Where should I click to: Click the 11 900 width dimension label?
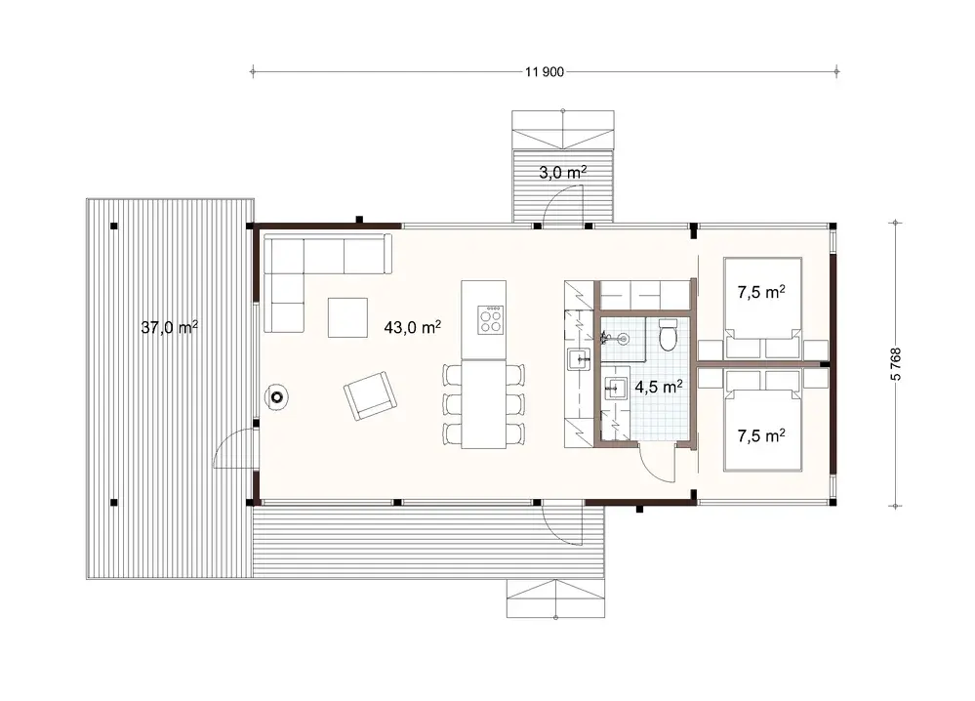(546, 70)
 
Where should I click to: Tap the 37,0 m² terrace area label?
(169, 328)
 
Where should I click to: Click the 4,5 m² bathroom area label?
(658, 387)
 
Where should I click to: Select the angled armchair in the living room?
(371, 395)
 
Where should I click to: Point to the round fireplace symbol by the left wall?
(278, 396)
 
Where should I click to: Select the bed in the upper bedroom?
(761, 308)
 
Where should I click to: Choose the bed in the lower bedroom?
(761, 422)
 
